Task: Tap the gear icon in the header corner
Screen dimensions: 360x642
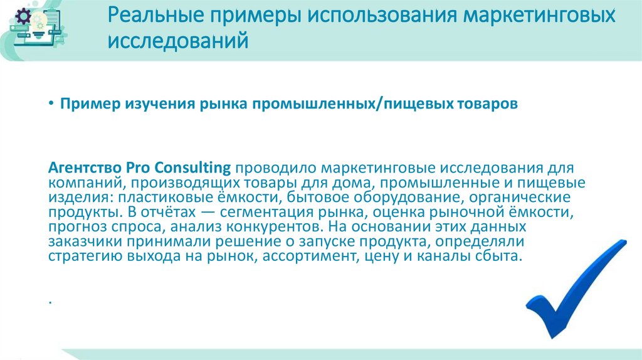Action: (23, 17)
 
